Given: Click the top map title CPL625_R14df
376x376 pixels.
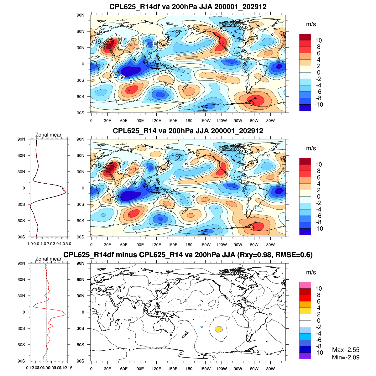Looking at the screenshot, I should click(188, 7).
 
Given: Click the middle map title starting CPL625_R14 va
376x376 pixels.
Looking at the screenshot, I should click(188, 131).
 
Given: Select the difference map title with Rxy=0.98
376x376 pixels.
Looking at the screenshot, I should click(188, 255).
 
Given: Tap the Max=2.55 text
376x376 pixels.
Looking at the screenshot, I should click(346, 350).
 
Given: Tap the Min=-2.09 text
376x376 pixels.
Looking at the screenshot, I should click(346, 357).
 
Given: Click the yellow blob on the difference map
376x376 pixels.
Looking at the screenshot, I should click(219, 329).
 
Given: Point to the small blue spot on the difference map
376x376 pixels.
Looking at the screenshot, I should click(202, 327).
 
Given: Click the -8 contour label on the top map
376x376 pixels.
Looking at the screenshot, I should click(122, 77).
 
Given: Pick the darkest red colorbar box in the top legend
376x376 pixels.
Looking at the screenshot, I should click(305, 37).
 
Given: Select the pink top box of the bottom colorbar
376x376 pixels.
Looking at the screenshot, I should click(305, 285).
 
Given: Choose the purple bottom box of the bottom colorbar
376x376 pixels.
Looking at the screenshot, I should click(305, 356).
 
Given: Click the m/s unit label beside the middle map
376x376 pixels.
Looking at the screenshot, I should click(311, 148).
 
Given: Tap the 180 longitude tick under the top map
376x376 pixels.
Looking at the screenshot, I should click(189, 121).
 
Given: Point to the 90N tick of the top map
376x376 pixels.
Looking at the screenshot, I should click(81, 15).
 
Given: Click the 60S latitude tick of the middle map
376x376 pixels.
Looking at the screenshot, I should click(81, 221).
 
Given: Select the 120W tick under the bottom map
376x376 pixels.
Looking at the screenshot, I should click(222, 369).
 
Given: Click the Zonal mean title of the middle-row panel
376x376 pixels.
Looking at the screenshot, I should click(49, 135).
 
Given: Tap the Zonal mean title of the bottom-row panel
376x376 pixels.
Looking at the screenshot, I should click(49, 259).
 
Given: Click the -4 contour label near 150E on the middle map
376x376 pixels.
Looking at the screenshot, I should click(173, 178).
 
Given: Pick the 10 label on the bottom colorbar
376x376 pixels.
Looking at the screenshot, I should click(319, 289).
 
